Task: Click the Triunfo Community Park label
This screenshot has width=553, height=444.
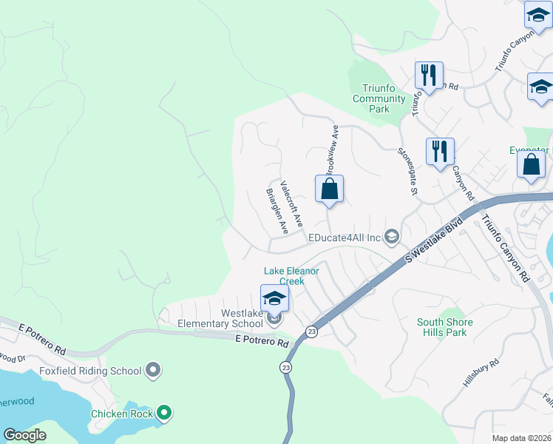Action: [379, 98]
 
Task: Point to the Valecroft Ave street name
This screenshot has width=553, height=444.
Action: [291, 203]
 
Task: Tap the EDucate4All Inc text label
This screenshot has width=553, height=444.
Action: [344, 237]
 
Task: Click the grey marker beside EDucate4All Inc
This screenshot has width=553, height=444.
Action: [392, 237]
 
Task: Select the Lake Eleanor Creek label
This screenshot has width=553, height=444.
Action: [292, 276]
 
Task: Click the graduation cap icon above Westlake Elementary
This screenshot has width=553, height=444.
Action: [274, 298]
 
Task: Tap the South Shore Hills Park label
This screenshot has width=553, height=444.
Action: [446, 327]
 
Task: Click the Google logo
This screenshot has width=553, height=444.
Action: [24, 435]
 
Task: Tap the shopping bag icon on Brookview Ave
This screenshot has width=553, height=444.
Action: [329, 189]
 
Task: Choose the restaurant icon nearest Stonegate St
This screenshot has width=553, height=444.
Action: [440, 151]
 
